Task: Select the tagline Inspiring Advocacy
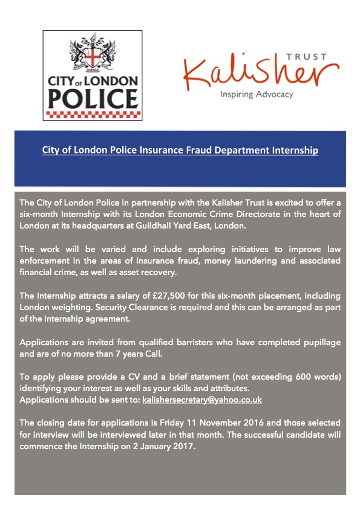257,94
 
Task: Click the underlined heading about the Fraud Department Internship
180,150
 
